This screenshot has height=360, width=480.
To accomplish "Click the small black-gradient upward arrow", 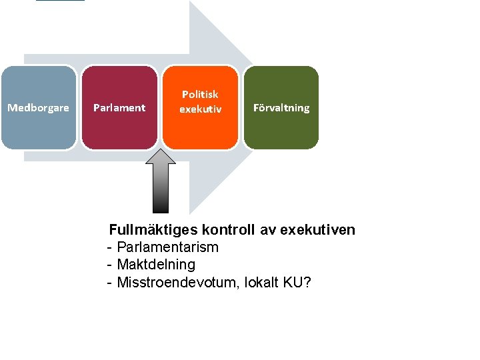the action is [160, 181].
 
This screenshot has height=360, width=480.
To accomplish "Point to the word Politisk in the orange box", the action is [200, 95].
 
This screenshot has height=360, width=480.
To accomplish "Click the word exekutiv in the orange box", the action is [200, 108].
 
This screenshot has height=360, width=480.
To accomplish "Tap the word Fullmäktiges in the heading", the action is [149, 230].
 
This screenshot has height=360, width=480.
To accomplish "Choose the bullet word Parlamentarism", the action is [167, 247].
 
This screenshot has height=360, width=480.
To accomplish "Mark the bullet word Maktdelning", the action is [156, 265].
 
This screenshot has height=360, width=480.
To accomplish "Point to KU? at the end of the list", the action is [297, 282].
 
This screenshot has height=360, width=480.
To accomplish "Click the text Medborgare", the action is [38, 107].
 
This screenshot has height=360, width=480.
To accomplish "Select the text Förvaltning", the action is [281, 107].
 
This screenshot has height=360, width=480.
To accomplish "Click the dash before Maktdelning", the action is [109, 265].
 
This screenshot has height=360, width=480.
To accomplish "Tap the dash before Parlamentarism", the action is [109, 247].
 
